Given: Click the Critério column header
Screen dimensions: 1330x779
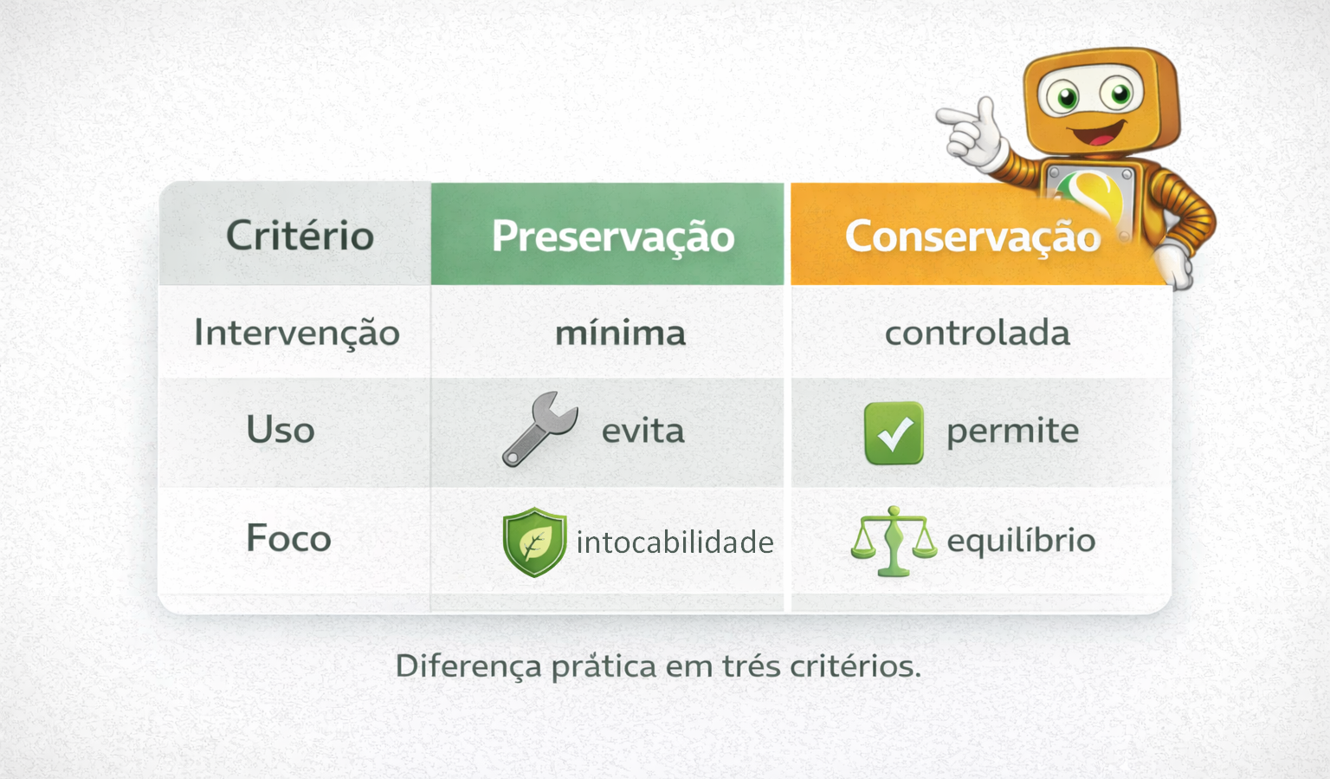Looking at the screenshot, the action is (300, 236).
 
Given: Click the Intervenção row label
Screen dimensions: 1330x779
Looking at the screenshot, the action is (297, 333).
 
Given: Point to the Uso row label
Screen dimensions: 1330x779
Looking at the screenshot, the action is (281, 429).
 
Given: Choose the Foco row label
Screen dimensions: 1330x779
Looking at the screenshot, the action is (288, 538).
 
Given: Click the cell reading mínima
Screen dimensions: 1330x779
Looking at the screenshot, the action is (621, 333).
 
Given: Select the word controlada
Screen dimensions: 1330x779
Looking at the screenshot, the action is (978, 333).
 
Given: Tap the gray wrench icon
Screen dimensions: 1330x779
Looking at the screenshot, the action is (539, 429).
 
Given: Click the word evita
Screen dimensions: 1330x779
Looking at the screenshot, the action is (643, 431).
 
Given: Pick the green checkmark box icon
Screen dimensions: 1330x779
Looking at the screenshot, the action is (894, 432).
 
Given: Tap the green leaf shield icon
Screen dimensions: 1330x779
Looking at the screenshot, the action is (534, 542).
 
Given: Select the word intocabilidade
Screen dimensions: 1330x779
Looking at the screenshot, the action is (675, 542).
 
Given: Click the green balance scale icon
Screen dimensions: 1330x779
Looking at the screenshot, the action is (894, 542).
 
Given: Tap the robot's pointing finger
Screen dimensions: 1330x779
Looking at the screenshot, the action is (955, 115).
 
